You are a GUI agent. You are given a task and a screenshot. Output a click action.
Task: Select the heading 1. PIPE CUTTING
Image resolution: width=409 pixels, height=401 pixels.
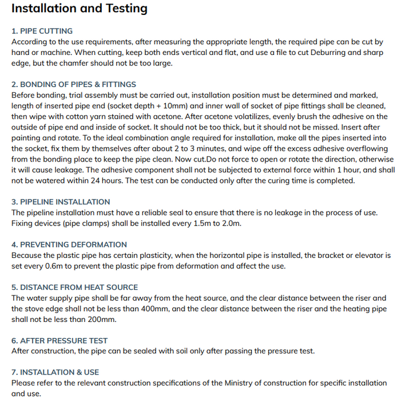(42, 31)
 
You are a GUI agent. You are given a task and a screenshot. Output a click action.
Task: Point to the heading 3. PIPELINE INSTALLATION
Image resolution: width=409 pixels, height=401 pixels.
(61, 202)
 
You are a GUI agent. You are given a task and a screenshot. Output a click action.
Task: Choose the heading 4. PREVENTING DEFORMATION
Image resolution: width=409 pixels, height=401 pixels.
(69, 245)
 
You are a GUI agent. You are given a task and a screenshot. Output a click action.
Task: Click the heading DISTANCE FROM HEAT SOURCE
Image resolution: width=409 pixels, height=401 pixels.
(79, 287)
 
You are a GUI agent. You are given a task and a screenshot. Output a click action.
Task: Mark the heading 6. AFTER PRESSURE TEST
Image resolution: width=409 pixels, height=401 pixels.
(59, 340)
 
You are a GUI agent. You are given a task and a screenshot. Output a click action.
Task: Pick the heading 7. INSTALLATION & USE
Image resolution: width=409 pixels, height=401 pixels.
(55, 372)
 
